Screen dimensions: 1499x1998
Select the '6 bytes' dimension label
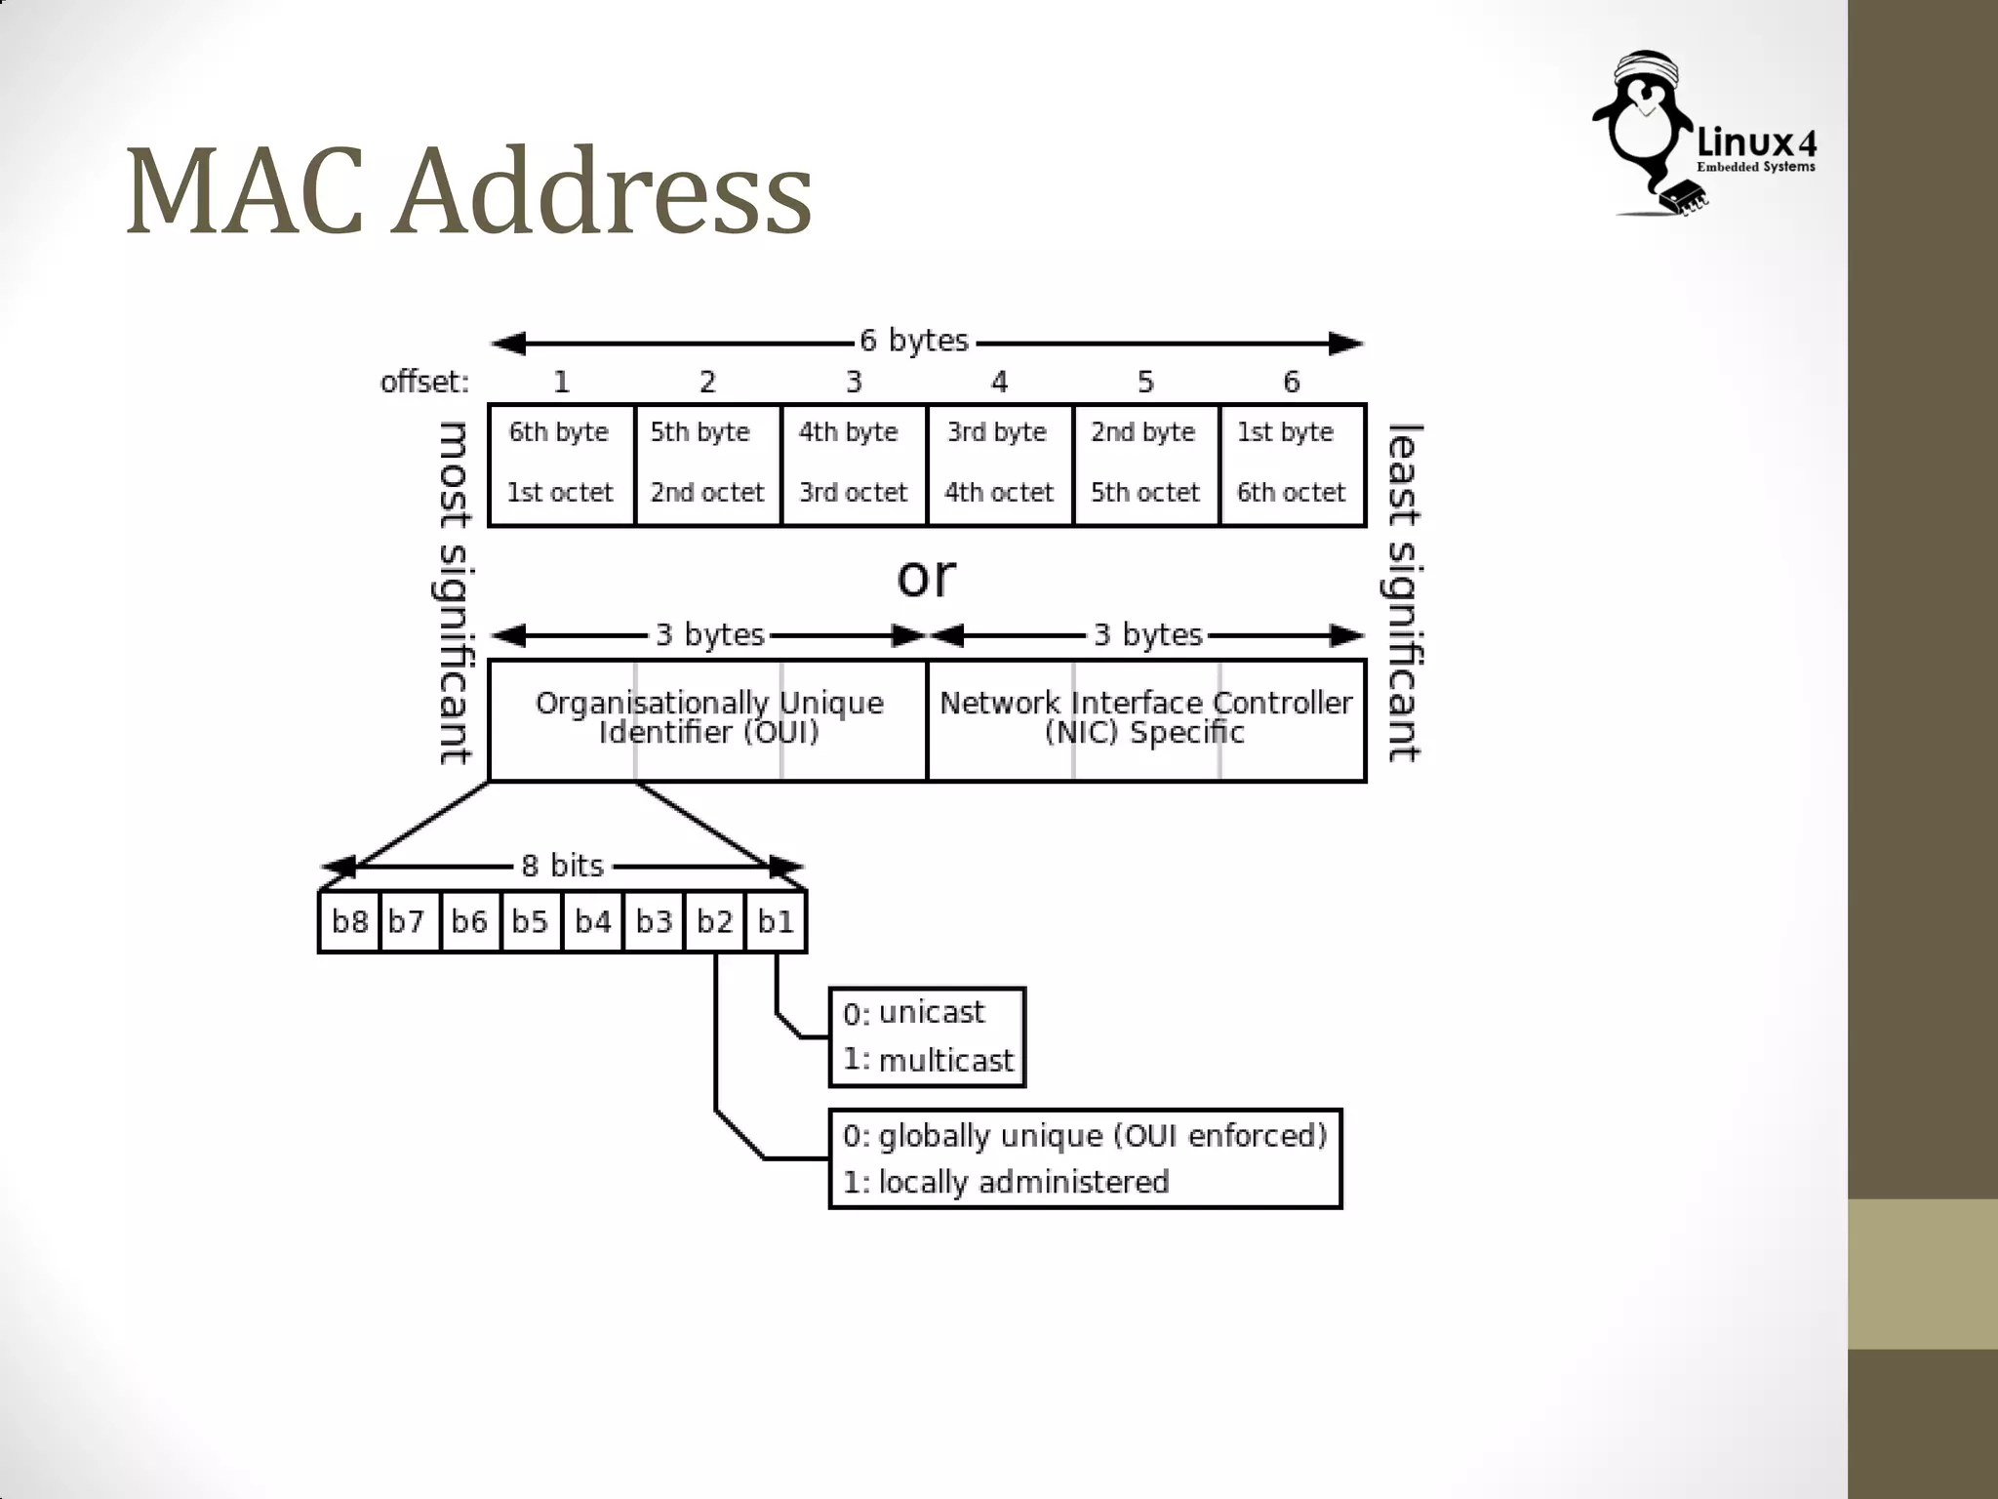point(914,341)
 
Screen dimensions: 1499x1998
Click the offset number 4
point(999,382)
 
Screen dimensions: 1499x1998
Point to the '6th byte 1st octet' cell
point(561,465)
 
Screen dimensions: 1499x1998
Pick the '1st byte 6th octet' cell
point(1292,465)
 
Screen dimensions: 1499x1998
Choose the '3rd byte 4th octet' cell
point(999,465)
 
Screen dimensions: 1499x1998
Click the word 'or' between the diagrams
point(926,577)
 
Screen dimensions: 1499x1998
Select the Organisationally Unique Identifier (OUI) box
point(708,719)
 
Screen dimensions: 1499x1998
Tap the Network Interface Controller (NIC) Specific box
point(1145,719)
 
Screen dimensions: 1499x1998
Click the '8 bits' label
point(562,866)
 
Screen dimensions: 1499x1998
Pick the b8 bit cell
point(349,921)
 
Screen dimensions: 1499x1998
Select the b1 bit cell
point(776,921)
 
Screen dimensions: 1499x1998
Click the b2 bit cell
point(715,921)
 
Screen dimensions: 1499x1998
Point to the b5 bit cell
point(531,921)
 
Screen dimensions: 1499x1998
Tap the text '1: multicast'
point(928,1060)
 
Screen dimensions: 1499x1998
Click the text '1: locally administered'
point(1006,1182)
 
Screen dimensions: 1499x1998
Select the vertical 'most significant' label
point(453,592)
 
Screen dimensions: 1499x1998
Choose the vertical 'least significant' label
point(1403,592)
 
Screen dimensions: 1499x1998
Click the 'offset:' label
point(424,382)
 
